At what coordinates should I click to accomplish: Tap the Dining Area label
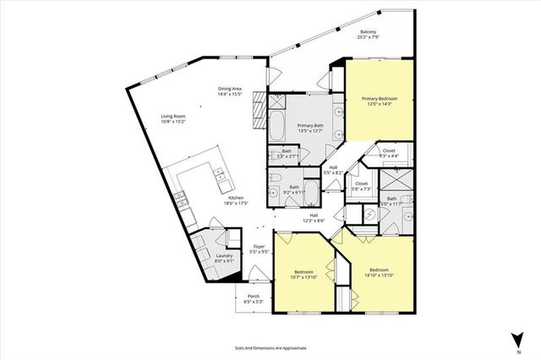tap(230, 88)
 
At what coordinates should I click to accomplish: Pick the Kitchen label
tap(212, 198)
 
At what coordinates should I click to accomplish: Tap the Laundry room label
tap(224, 256)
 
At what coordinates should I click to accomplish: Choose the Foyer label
tap(260, 247)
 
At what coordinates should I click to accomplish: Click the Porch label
tap(253, 297)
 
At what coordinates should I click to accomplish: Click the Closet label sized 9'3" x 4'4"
tap(389, 150)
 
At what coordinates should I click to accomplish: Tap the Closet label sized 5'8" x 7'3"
tap(361, 183)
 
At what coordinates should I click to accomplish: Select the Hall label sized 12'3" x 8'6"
tap(314, 215)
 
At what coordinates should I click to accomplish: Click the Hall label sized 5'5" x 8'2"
tap(334, 168)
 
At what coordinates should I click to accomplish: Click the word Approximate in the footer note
tap(291, 347)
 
